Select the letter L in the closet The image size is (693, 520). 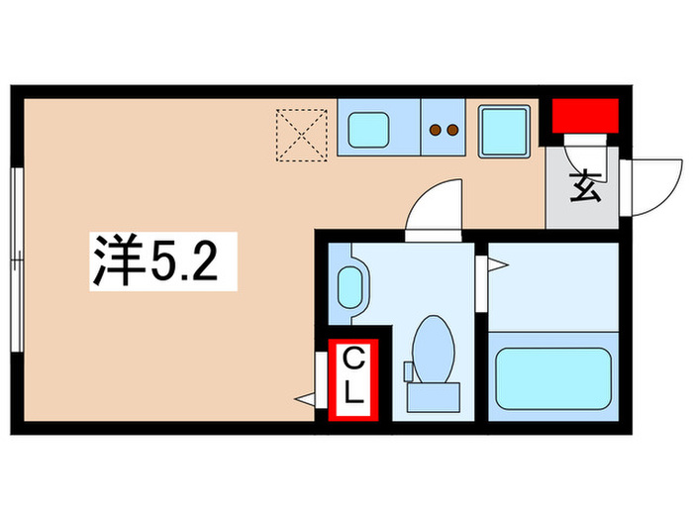click(352, 393)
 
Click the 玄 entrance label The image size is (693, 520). click(585, 186)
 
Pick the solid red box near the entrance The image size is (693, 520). click(584, 117)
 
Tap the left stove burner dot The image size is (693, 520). click(436, 129)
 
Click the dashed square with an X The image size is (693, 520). click(303, 134)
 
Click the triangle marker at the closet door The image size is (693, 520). click(305, 399)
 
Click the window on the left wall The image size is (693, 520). click(16, 260)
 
